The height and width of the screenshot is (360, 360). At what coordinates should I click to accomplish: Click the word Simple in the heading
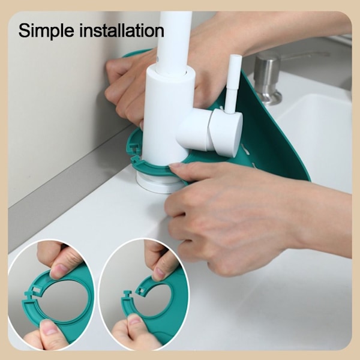tap(46, 31)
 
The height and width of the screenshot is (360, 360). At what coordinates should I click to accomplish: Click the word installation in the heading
tap(122, 30)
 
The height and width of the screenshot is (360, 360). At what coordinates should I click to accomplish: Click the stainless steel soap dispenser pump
tap(268, 78)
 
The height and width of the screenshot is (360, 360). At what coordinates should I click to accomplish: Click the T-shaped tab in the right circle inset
tap(127, 295)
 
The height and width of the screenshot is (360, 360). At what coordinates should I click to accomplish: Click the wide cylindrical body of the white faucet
tap(168, 115)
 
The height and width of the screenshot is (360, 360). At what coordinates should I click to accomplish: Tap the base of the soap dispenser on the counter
tap(269, 97)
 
